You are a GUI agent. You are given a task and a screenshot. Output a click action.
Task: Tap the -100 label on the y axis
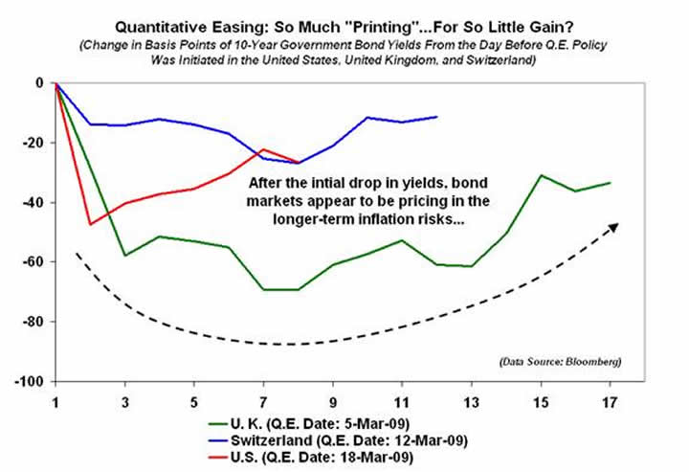point(32,382)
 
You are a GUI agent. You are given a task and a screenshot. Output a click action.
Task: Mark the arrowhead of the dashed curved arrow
point(613,227)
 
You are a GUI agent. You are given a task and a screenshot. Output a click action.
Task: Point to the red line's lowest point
point(91,224)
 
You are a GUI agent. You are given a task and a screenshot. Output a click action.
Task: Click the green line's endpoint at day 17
point(610,183)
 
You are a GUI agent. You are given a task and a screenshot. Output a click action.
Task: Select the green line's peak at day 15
point(541,175)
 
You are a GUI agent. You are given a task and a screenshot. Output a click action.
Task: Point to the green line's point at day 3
point(125,256)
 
